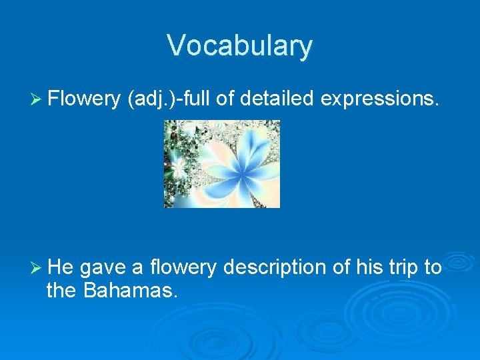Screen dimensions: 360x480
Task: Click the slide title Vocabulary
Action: (239, 45)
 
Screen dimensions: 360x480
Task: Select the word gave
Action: (104, 268)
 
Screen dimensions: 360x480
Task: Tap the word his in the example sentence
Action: (369, 267)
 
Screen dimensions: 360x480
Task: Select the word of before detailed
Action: (225, 99)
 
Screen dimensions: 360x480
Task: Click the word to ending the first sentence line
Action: (433, 267)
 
